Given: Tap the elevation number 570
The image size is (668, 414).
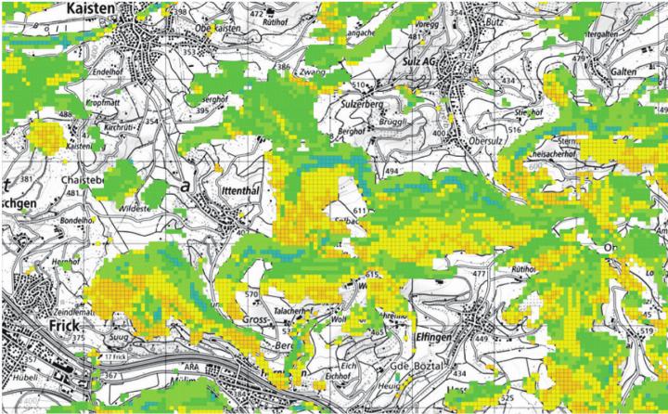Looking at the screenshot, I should [250, 295].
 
